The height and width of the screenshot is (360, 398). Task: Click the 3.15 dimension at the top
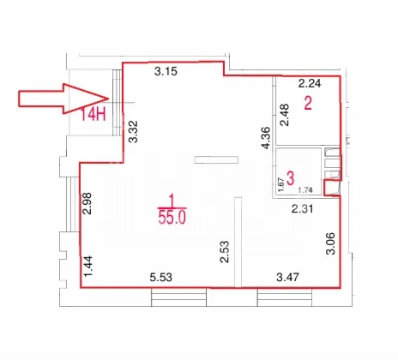(166, 71)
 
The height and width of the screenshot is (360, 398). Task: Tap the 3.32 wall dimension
(133, 132)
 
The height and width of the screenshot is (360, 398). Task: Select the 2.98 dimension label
(87, 204)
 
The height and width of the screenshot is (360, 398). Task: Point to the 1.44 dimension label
(88, 267)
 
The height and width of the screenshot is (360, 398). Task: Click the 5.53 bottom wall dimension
(161, 277)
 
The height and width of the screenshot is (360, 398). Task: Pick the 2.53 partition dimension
(225, 252)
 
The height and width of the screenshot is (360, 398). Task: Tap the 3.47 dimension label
(287, 277)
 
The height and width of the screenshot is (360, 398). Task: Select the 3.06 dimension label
(330, 243)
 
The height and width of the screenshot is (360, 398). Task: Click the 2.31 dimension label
(303, 209)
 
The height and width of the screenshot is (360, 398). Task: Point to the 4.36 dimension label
(266, 138)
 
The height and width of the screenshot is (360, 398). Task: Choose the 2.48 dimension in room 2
(285, 115)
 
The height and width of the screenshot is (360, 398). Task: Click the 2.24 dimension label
(310, 83)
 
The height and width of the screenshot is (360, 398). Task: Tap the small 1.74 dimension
(305, 190)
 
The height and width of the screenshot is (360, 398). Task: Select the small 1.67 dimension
(281, 185)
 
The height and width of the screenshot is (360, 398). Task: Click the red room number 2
(308, 104)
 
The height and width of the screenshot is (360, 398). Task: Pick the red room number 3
(290, 178)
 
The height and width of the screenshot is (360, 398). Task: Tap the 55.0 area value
(172, 218)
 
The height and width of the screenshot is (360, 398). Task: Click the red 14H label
(93, 115)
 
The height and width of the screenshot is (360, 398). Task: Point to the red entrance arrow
(63, 99)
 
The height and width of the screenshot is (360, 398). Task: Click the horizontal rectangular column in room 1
(216, 159)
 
